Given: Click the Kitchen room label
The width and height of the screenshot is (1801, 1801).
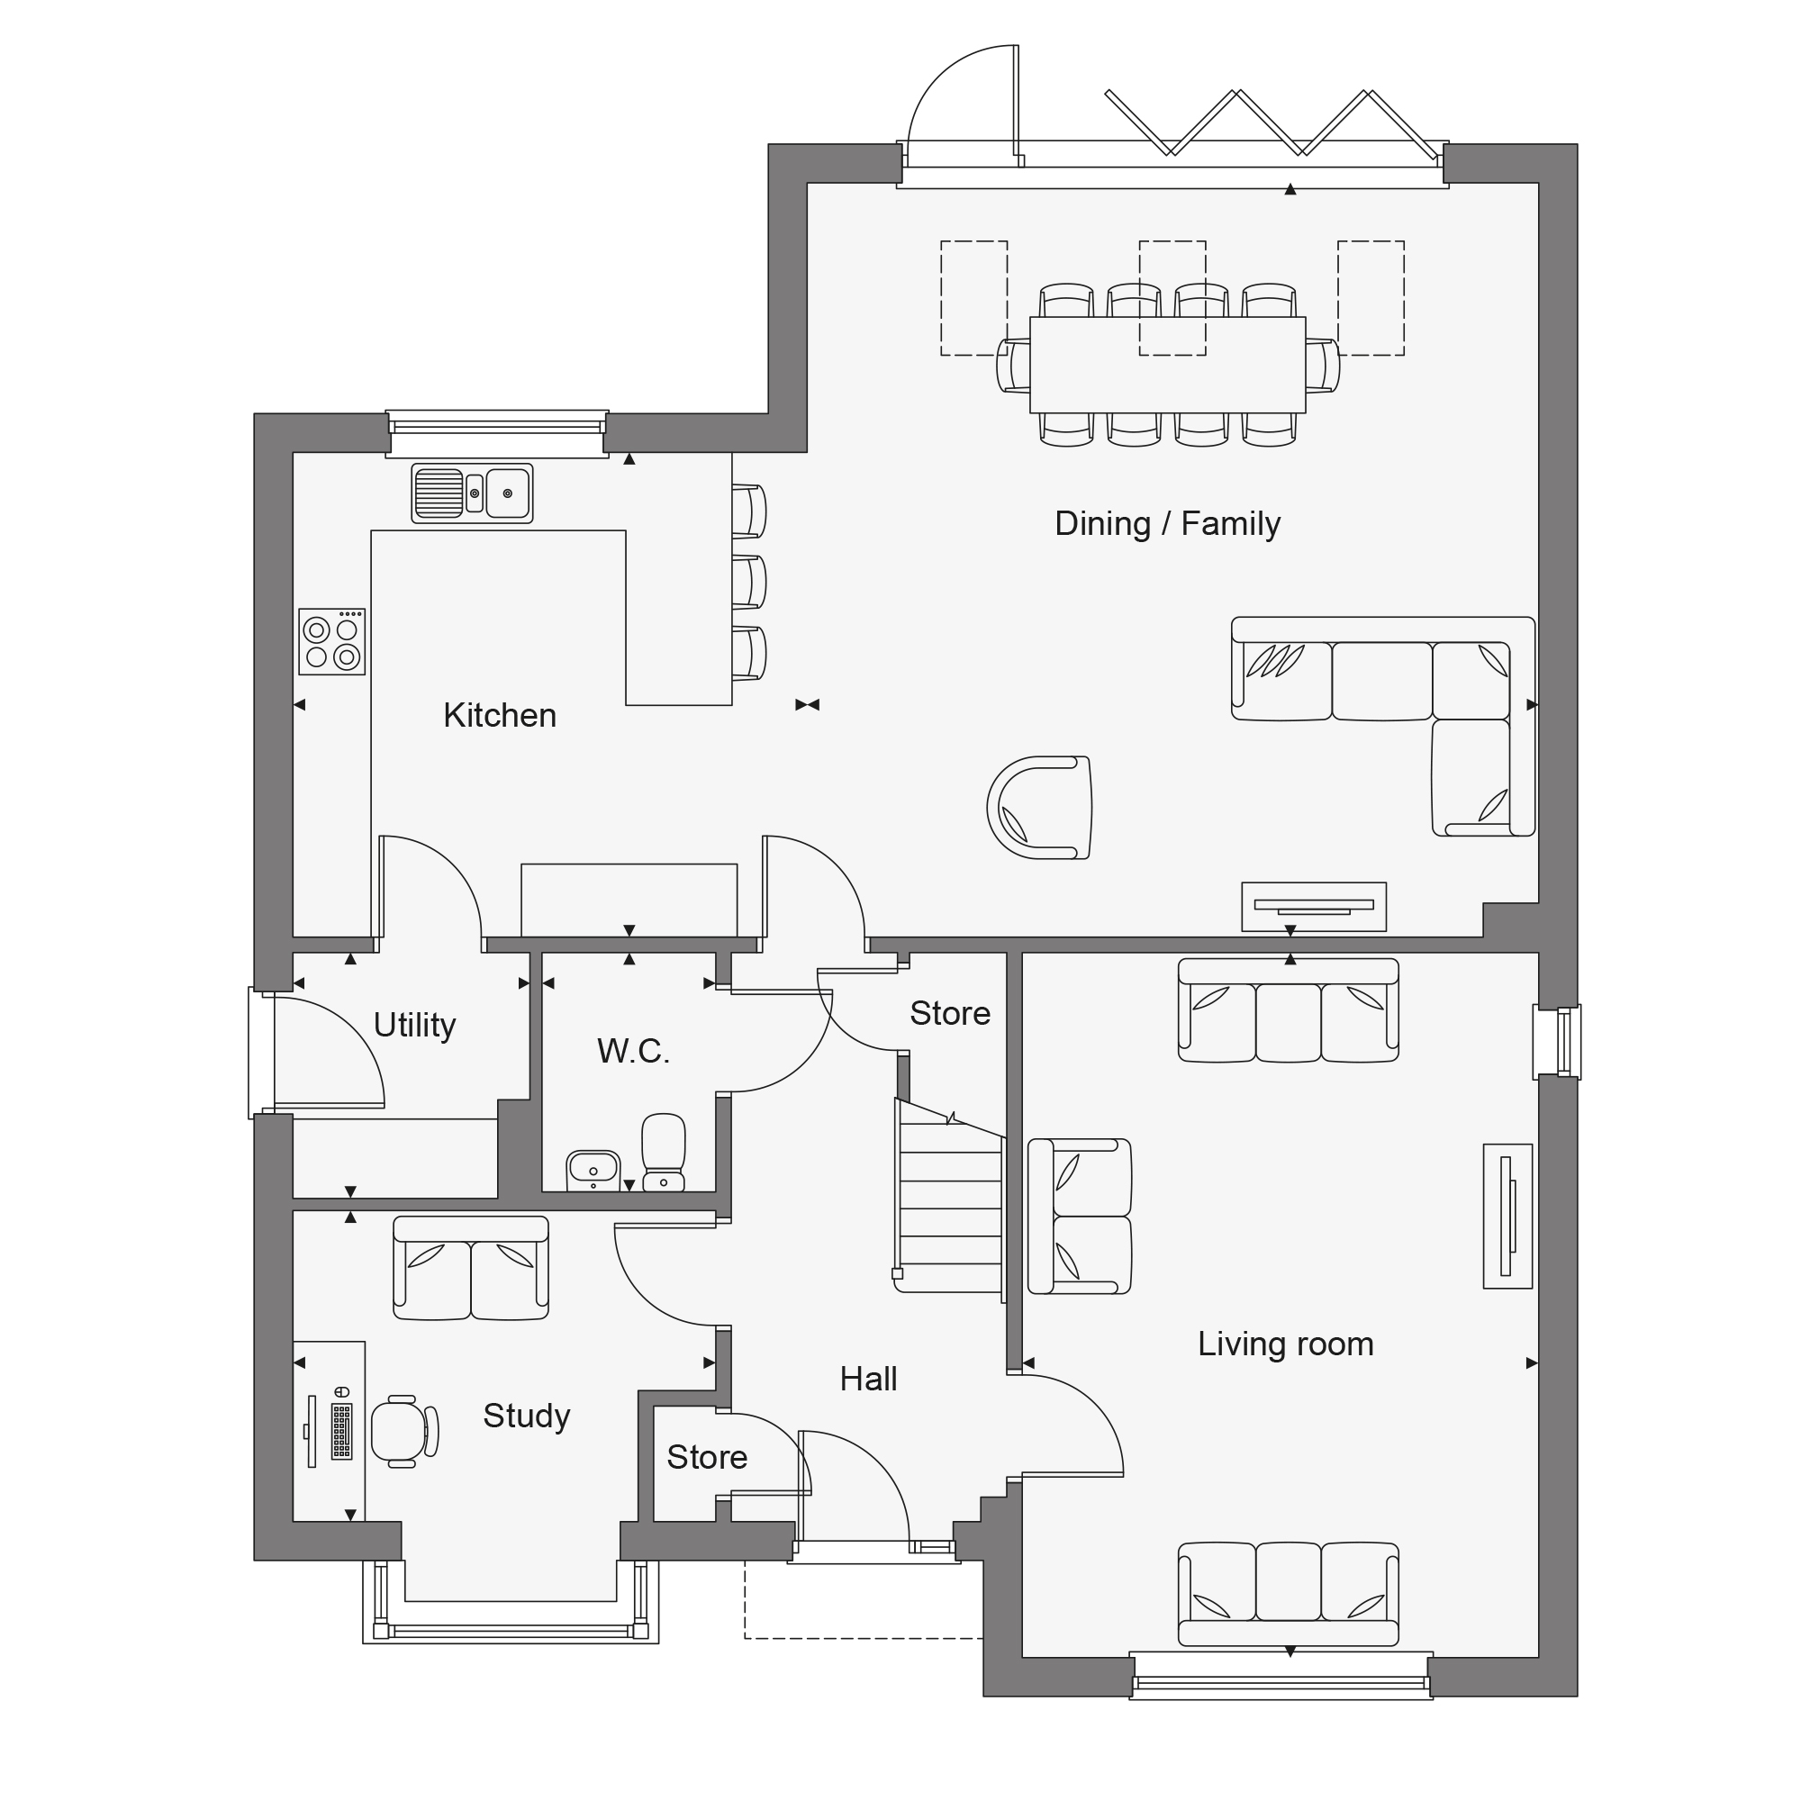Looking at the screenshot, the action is [x=500, y=715].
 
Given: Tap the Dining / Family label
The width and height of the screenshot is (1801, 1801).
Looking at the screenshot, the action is [x=1167, y=524].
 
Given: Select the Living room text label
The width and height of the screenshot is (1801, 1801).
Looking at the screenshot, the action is [x=1286, y=1344].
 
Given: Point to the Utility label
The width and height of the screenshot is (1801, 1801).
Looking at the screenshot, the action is [x=415, y=1025].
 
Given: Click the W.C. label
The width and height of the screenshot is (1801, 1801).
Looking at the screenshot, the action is [x=634, y=1051].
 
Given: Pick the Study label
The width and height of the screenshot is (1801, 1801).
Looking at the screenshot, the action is [x=527, y=1416].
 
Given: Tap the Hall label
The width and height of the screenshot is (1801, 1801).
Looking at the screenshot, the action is [x=868, y=1379].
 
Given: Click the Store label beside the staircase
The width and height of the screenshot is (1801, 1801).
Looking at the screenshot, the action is [x=950, y=1013].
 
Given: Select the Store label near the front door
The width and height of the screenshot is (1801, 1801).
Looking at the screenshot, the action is [x=707, y=1457].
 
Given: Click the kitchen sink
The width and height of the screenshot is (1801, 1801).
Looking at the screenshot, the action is [x=473, y=493].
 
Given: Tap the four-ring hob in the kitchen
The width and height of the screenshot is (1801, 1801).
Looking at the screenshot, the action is [x=332, y=641].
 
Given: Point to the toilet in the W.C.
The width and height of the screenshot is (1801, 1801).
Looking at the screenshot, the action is [x=664, y=1153].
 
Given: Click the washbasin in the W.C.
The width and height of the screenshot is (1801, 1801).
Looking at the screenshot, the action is [x=593, y=1171].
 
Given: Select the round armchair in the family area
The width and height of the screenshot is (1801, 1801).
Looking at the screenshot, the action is [x=1039, y=807].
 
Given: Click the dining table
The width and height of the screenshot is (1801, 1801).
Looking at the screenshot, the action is [x=1168, y=365].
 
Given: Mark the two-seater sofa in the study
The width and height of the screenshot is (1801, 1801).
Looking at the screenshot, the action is [x=471, y=1268].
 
